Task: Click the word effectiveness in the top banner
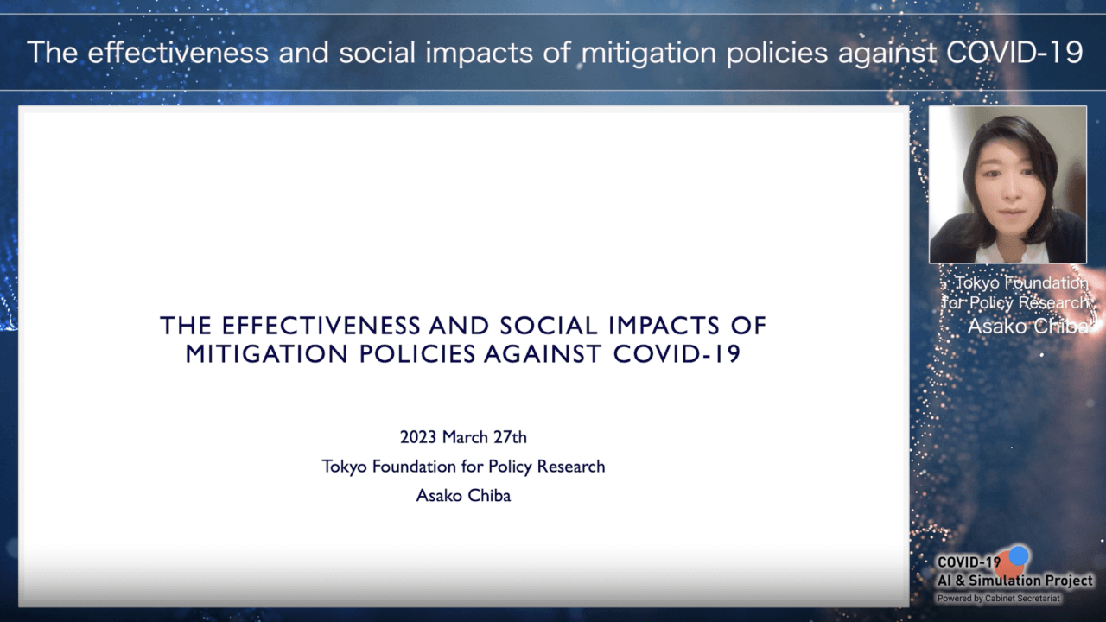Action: (178, 53)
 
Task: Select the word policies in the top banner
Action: (777, 54)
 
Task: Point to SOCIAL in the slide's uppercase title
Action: (549, 326)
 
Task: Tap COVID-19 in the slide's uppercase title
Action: (677, 354)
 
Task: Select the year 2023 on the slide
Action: (418, 437)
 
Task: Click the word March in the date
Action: (465, 437)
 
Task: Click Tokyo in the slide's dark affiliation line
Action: (345, 467)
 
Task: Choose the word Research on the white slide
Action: (571, 466)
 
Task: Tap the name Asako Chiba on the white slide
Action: (464, 496)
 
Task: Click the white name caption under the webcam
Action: (1028, 327)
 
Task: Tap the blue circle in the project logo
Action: (1018, 555)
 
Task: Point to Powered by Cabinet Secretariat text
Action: (998, 599)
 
